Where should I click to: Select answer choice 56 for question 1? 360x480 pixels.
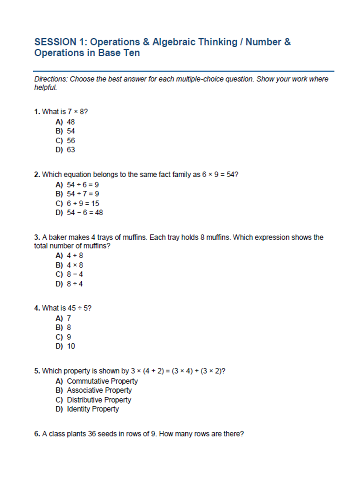(x=71, y=141)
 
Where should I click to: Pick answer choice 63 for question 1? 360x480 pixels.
(x=71, y=150)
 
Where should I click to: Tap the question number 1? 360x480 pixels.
(x=37, y=112)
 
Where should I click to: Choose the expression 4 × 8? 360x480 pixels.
(x=75, y=265)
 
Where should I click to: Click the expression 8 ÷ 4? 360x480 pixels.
(x=75, y=284)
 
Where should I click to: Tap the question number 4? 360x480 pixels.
(x=37, y=308)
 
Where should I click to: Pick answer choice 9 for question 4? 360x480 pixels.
(x=69, y=337)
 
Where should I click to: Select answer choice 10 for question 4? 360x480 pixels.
(x=71, y=346)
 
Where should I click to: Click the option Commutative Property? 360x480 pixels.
(x=102, y=381)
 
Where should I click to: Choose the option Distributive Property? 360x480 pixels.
(x=99, y=400)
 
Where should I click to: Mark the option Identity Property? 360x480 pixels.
(x=93, y=409)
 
